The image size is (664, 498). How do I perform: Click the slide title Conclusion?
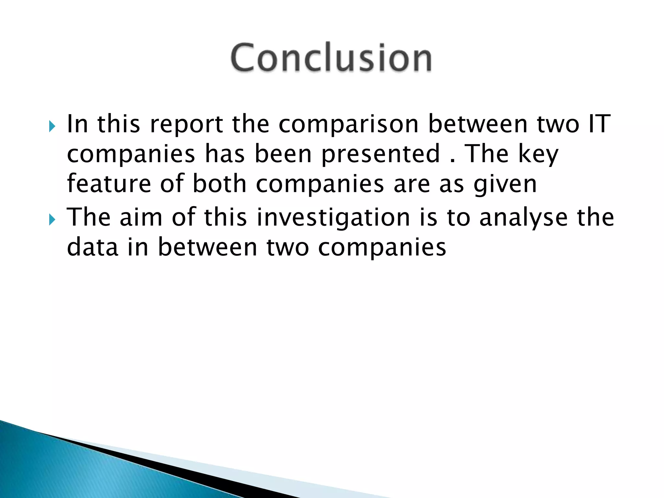(x=331, y=58)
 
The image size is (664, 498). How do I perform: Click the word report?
(x=186, y=125)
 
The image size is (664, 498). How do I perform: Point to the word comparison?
(x=349, y=125)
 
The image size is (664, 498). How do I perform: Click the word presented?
(x=381, y=154)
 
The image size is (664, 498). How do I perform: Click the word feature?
(x=109, y=184)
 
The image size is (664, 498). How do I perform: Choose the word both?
(x=219, y=184)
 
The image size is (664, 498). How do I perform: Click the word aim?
(x=141, y=217)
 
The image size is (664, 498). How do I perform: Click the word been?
(x=283, y=154)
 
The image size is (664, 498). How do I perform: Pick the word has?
(x=225, y=154)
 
